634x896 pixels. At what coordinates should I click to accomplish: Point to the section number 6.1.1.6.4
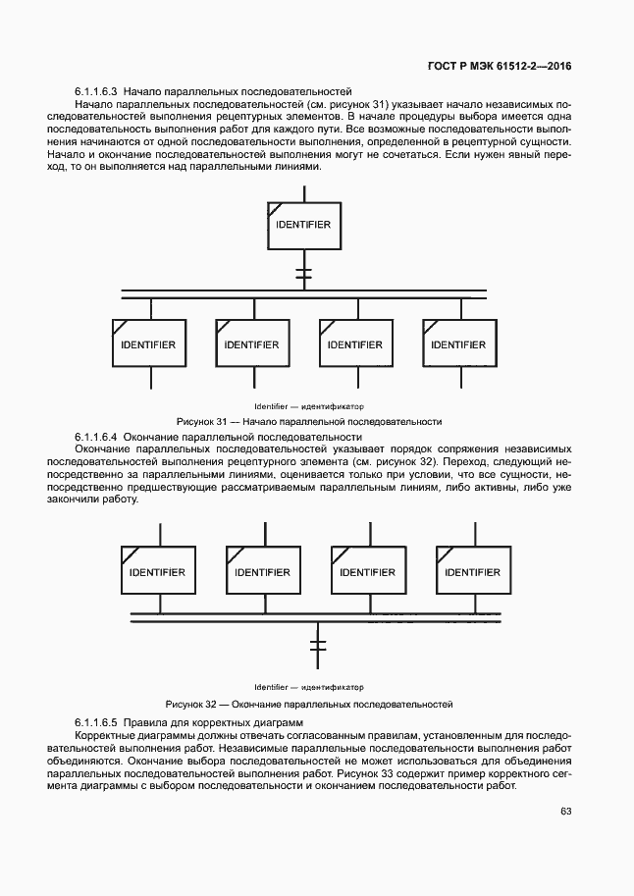[96, 436]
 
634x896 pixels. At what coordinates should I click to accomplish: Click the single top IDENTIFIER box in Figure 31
[303, 225]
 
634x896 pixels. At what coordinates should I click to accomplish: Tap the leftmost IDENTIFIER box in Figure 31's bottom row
[147, 344]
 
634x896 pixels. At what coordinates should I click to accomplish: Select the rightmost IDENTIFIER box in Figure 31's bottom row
[458, 344]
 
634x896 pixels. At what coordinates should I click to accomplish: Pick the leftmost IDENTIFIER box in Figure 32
[157, 572]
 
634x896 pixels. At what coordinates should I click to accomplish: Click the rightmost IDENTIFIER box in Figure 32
[472, 572]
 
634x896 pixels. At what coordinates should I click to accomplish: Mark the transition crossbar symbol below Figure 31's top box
[303, 274]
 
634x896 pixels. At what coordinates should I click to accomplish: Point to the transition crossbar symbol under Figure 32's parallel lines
[316, 646]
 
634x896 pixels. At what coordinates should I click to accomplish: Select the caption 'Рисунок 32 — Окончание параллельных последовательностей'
[308, 704]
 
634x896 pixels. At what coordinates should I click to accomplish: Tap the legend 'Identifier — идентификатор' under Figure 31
[308, 406]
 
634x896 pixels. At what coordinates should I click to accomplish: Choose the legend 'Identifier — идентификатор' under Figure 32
[308, 687]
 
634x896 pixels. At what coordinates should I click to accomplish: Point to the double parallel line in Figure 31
[303, 295]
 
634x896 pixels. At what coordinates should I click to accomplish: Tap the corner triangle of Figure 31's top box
[275, 206]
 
